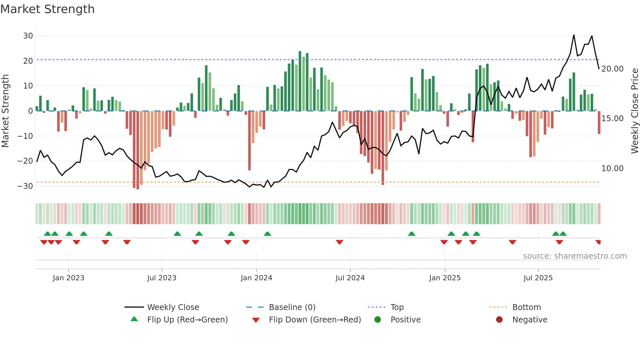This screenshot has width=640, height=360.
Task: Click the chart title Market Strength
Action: [47, 9]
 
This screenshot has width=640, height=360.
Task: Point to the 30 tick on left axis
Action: [28, 36]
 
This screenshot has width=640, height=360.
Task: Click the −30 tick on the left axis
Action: [25, 186]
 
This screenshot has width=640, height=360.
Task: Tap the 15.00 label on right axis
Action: [612, 119]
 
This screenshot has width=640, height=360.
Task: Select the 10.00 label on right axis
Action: [612, 169]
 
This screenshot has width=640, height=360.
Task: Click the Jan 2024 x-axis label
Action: [256, 278]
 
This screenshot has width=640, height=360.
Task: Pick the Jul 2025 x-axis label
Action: [538, 278]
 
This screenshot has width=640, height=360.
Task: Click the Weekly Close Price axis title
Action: [634, 111]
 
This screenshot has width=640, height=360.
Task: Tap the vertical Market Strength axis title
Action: [5, 111]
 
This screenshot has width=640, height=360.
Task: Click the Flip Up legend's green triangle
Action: [134, 319]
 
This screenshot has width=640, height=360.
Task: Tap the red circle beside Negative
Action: [499, 320]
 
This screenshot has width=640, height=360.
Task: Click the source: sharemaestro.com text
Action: [575, 256]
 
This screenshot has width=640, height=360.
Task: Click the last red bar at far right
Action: [599, 123]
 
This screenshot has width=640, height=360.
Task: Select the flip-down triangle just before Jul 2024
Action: [340, 242]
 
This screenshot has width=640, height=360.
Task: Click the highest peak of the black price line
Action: [574, 35]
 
